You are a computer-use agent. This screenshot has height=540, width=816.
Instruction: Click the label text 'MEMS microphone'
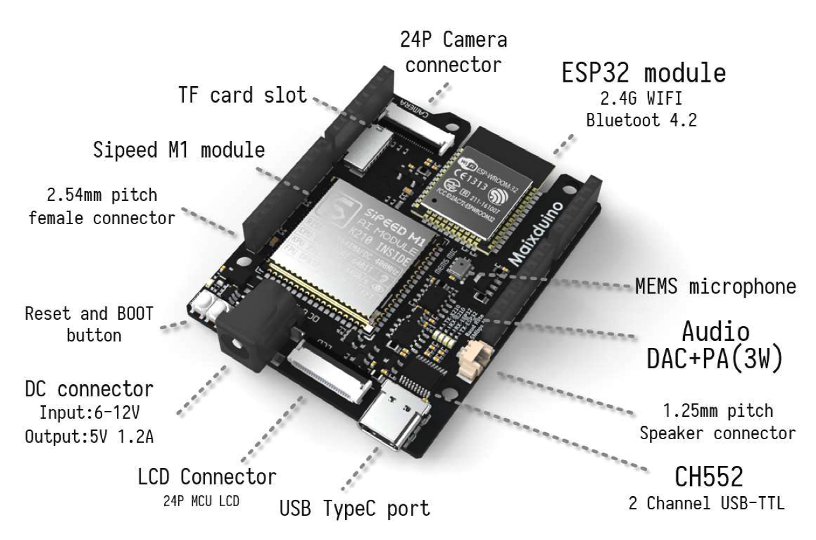tap(714, 287)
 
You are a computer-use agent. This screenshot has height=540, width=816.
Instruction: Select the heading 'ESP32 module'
tap(644, 73)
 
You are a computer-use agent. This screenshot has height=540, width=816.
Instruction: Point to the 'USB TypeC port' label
tap(355, 509)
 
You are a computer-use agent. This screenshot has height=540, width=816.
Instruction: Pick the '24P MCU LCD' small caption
tap(201, 501)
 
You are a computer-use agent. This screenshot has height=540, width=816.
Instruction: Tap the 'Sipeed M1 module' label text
tap(178, 151)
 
